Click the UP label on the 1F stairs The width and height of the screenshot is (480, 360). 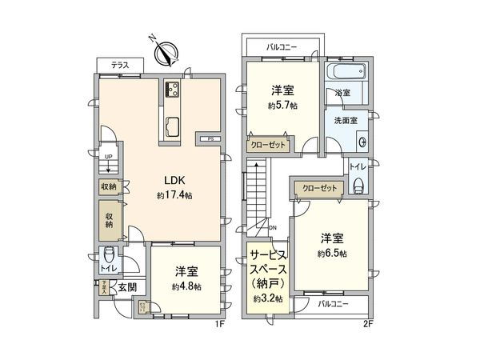coord(107,157)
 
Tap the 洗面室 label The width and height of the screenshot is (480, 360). coord(346,120)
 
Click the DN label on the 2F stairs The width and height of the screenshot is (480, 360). coord(273,228)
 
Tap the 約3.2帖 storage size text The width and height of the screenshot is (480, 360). coord(264,298)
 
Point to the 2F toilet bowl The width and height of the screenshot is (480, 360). coord(358,183)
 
